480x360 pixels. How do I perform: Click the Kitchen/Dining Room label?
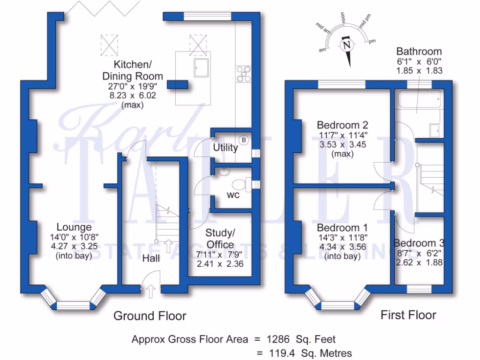[x=133, y=70]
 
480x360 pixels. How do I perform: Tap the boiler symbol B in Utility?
[x=244, y=139]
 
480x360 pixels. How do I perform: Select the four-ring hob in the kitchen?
[x=244, y=74]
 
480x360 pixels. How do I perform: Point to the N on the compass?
[x=347, y=46]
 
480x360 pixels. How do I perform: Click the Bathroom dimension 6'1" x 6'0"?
[x=419, y=61]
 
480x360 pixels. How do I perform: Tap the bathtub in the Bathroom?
[x=418, y=99]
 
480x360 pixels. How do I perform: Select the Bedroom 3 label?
[x=419, y=243]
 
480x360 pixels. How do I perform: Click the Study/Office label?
[x=220, y=239]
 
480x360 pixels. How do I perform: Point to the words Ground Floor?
[x=150, y=316]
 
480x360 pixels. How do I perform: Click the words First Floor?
[x=408, y=315]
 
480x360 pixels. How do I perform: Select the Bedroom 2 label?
[x=342, y=125]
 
